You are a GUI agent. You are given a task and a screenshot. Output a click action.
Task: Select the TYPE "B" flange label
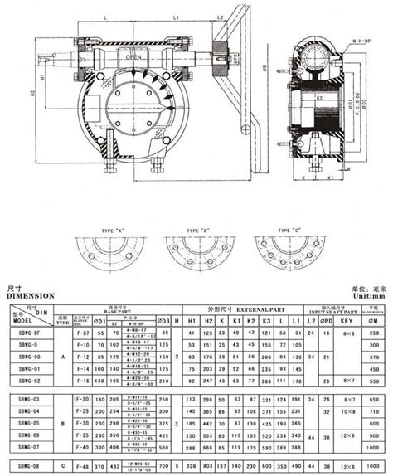(196, 229)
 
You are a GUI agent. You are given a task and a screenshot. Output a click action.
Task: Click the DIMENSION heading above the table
(31, 294)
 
